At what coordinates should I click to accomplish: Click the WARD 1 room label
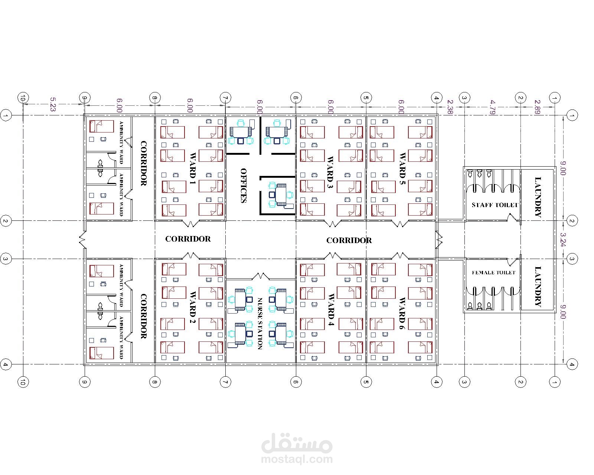click(192, 168)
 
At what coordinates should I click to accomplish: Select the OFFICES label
click(243, 185)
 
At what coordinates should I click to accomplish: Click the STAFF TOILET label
click(495, 205)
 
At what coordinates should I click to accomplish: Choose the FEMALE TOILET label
click(493, 272)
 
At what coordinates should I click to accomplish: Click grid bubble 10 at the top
click(23, 98)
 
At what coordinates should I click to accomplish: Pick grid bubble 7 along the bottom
click(225, 382)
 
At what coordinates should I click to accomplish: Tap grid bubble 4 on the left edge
click(6, 364)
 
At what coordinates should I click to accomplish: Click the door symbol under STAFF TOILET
click(512, 217)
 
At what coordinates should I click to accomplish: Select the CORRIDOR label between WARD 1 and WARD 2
click(188, 239)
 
